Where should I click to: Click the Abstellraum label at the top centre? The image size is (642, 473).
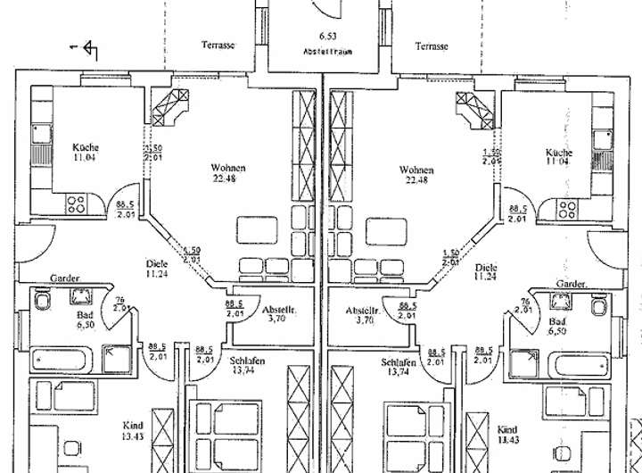322,52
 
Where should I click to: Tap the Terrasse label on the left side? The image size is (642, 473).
218,46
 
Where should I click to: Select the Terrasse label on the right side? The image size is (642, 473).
431,46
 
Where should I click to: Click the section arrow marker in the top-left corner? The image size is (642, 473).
89,49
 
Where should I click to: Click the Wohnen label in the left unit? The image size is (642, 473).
227,169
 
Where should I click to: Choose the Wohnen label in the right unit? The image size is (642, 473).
416,169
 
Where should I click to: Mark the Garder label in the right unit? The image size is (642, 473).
572,283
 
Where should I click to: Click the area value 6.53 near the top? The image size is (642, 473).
322,37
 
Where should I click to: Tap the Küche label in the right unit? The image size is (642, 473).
559,153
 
